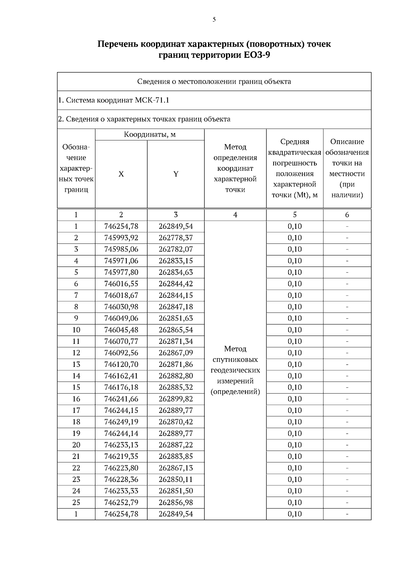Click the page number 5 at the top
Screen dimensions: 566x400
click(x=214, y=20)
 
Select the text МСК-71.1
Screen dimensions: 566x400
click(x=152, y=100)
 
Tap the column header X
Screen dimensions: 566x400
click(x=121, y=174)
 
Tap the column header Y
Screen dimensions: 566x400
click(x=176, y=174)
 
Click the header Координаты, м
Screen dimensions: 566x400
click(x=150, y=135)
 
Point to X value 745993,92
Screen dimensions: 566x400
click(x=121, y=238)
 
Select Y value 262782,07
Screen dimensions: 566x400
click(x=176, y=249)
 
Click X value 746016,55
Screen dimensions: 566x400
click(x=121, y=284)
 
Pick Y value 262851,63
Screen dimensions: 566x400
click(x=176, y=318)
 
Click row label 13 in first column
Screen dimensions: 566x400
click(x=76, y=364)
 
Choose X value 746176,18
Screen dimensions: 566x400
click(x=121, y=387)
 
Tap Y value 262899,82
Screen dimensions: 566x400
click(x=176, y=399)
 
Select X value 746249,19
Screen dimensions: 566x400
click(x=121, y=422)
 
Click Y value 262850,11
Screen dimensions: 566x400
click(x=176, y=479)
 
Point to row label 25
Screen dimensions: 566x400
click(x=76, y=502)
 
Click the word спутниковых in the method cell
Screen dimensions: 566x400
click(x=235, y=360)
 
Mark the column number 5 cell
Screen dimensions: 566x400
click(x=295, y=215)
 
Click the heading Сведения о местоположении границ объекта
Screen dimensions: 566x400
click(x=214, y=82)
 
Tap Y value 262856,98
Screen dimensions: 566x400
click(x=176, y=502)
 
